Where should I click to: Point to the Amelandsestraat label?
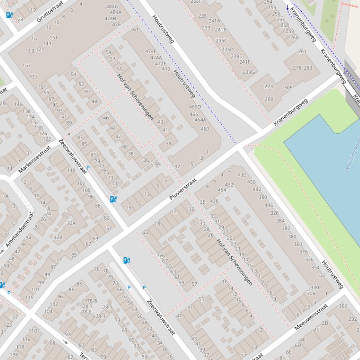click(x=19, y=230)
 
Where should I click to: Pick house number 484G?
click(x=112, y=7)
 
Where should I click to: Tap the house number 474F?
click(x=151, y=51)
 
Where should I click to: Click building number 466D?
click(x=195, y=107)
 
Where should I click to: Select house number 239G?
click(x=249, y=72)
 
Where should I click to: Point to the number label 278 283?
click(x=302, y=68)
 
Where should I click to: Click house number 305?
click(x=288, y=87)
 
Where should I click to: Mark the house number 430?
click(x=242, y=175)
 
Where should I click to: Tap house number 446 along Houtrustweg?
click(x=268, y=205)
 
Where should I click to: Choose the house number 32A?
click(x=71, y=223)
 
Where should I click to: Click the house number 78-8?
click(x=92, y=301)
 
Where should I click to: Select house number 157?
click(x=27, y=65)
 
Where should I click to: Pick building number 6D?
click(x=297, y=345)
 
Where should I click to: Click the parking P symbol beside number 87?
click(x=88, y=167)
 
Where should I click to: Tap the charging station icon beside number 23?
click(x=9, y=15)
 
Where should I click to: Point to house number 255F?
click(x=196, y=2)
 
